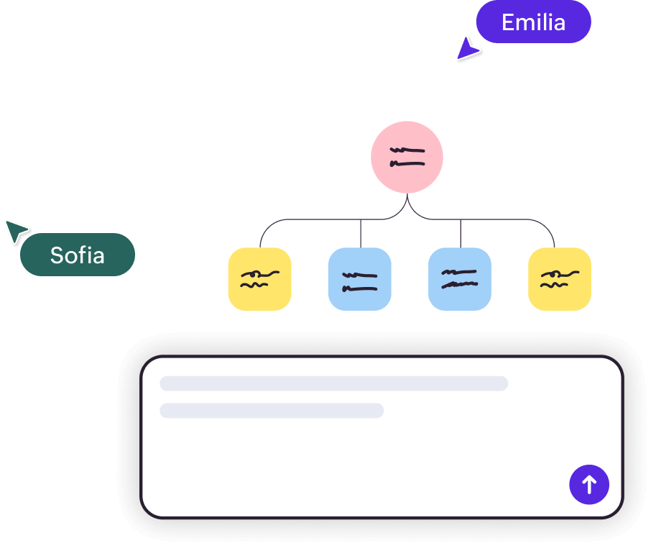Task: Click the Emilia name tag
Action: click(533, 22)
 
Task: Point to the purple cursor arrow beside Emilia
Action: click(466, 49)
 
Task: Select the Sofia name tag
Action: click(78, 255)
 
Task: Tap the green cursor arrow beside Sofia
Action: click(16, 231)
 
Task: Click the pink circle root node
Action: click(407, 157)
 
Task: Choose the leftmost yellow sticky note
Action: click(259, 279)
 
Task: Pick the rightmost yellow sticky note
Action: click(560, 279)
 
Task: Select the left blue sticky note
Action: click(359, 279)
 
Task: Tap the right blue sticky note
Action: click(460, 279)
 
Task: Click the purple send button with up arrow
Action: click(589, 484)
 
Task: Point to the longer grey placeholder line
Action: click(333, 383)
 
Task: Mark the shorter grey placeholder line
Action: click(272, 411)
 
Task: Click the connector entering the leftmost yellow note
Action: click(261, 236)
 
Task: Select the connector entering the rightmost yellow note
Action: click(553, 236)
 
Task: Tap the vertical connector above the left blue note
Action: click(360, 233)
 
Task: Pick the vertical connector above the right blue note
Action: click(461, 233)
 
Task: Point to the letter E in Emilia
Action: click(507, 23)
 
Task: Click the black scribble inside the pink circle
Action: click(407, 157)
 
